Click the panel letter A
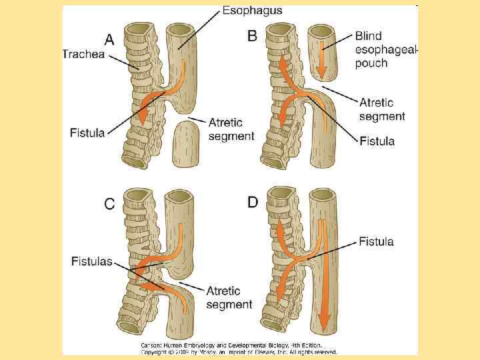click(109, 39)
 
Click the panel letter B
click(252, 36)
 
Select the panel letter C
click(109, 205)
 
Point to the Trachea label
click(84, 54)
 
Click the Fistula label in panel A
click(87, 133)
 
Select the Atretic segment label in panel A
click(231, 129)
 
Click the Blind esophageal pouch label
click(385, 48)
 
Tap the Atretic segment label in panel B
click(382, 109)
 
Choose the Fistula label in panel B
click(377, 141)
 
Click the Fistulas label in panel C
click(91, 261)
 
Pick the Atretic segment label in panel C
click(229, 297)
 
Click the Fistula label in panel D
click(376, 241)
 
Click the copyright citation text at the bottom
click(238, 349)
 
